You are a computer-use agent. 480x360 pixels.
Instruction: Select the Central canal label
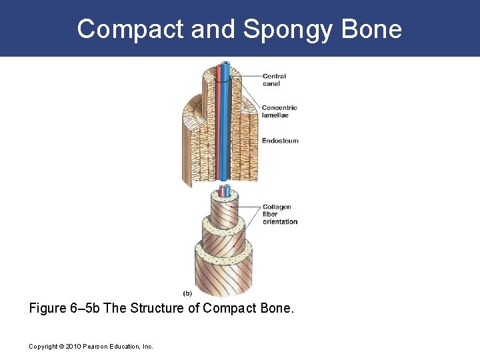[274, 80]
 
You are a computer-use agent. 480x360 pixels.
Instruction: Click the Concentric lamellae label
[279, 111]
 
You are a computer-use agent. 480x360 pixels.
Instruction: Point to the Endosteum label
[280, 141]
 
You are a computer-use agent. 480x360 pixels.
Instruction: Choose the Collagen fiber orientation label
[280, 215]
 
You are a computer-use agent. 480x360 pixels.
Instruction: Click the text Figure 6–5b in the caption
[66, 308]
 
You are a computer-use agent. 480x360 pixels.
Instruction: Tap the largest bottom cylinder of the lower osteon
[223, 273]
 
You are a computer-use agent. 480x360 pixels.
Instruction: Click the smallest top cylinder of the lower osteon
[223, 211]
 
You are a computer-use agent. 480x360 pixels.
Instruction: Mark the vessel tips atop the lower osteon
[223, 191]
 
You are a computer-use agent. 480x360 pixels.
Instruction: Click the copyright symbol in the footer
[60, 347]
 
